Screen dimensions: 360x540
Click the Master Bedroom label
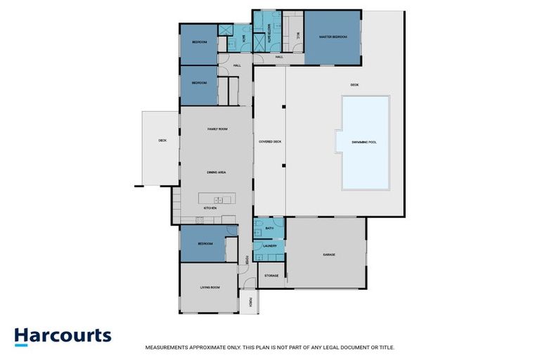(x=333, y=37)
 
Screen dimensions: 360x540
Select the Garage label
(x=328, y=254)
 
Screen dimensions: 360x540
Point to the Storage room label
(x=271, y=276)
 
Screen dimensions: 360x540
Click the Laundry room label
(x=269, y=246)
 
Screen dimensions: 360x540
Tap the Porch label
(x=251, y=303)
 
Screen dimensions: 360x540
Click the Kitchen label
(x=210, y=209)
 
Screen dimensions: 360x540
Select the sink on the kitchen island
(x=218, y=200)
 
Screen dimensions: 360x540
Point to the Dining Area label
(x=215, y=172)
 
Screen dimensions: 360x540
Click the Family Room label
(x=217, y=129)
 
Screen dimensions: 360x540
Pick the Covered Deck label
(x=270, y=142)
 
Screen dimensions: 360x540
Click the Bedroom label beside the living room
(x=205, y=243)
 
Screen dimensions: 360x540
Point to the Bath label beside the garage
(x=269, y=229)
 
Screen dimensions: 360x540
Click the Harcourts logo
(x=63, y=335)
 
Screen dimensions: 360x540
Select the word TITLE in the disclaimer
(x=387, y=347)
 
